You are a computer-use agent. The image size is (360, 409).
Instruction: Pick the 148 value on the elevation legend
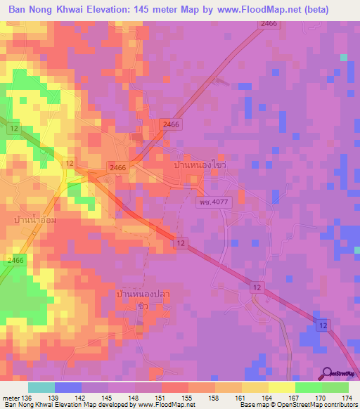point(138,397)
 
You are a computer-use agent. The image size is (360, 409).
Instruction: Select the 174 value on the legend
point(346,397)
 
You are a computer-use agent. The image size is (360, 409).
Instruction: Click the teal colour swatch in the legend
point(41,387)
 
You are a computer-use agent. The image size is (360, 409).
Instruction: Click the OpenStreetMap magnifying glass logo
point(328,373)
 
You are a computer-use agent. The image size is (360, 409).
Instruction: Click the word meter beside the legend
point(10,397)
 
